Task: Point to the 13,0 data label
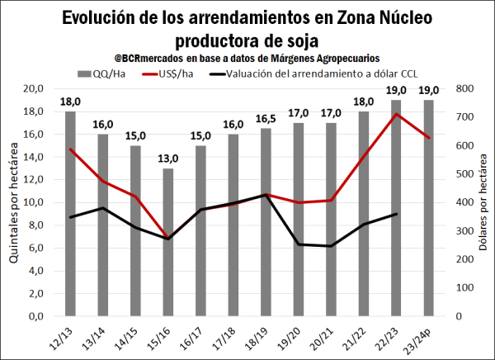point(168,159)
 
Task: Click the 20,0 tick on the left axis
point(33,88)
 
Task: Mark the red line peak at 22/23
point(396,114)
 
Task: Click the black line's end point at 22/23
point(396,214)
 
